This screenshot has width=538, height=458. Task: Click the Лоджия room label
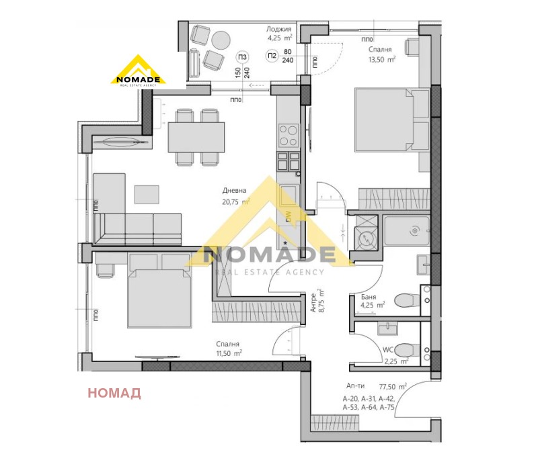click(x=278, y=30)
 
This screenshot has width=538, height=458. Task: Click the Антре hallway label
click(x=313, y=306)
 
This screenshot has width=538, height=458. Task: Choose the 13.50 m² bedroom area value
click(x=381, y=59)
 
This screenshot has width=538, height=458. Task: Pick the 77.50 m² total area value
click(x=393, y=387)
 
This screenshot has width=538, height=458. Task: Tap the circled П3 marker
click(x=243, y=56)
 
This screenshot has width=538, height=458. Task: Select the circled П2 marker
click(x=272, y=56)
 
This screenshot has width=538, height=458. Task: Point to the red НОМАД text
click(x=114, y=393)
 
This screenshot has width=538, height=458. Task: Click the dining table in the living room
click(x=195, y=137)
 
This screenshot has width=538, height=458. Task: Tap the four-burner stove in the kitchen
click(x=289, y=136)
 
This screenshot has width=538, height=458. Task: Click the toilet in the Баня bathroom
click(x=405, y=300)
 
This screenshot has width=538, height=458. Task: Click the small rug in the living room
click(x=147, y=194)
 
